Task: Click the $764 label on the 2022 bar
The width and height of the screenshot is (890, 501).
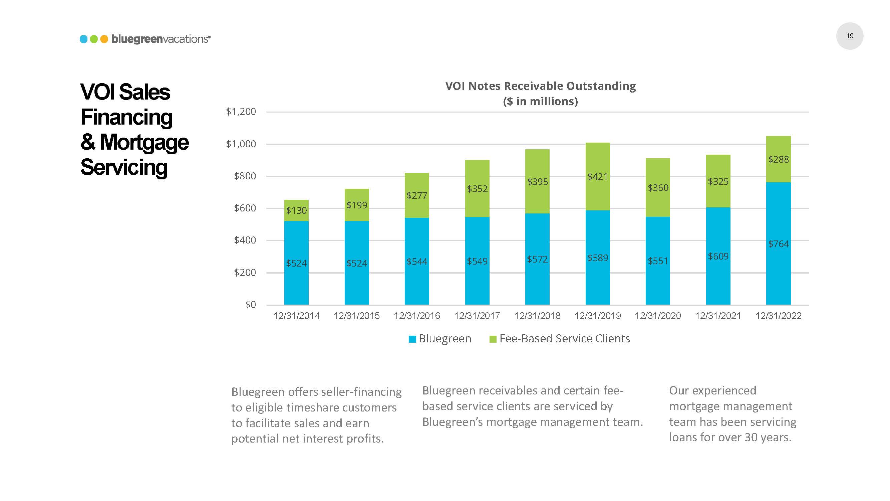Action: click(778, 244)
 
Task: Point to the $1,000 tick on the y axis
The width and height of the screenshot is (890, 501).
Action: click(241, 144)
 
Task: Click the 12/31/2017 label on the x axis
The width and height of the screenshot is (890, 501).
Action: click(477, 316)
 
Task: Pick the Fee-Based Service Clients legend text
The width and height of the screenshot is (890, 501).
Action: click(565, 338)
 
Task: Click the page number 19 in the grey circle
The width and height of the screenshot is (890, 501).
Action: click(850, 36)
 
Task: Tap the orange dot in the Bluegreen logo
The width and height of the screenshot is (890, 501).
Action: click(104, 39)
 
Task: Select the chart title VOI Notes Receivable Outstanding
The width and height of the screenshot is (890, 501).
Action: click(540, 86)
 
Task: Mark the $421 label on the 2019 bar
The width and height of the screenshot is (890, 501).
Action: click(597, 177)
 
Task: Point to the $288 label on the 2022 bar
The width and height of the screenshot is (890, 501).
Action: click(778, 159)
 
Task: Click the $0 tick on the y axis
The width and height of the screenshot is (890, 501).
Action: click(251, 305)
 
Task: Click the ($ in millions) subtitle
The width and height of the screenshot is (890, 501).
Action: click(540, 101)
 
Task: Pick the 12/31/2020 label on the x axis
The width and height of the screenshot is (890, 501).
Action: click(657, 316)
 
